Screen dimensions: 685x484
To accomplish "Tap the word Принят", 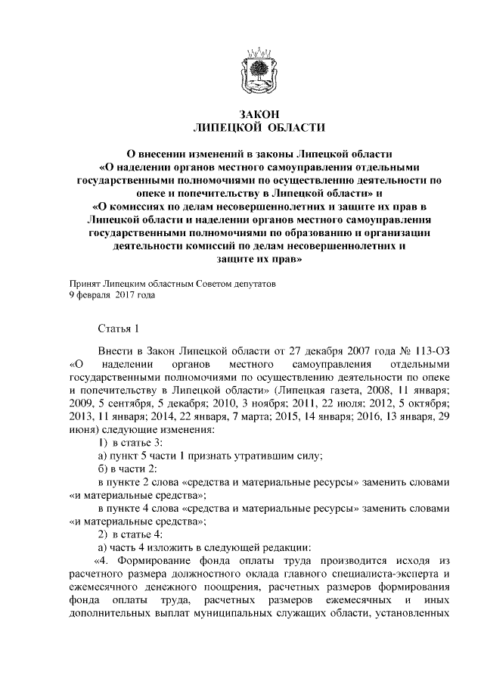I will [x=85, y=284].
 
